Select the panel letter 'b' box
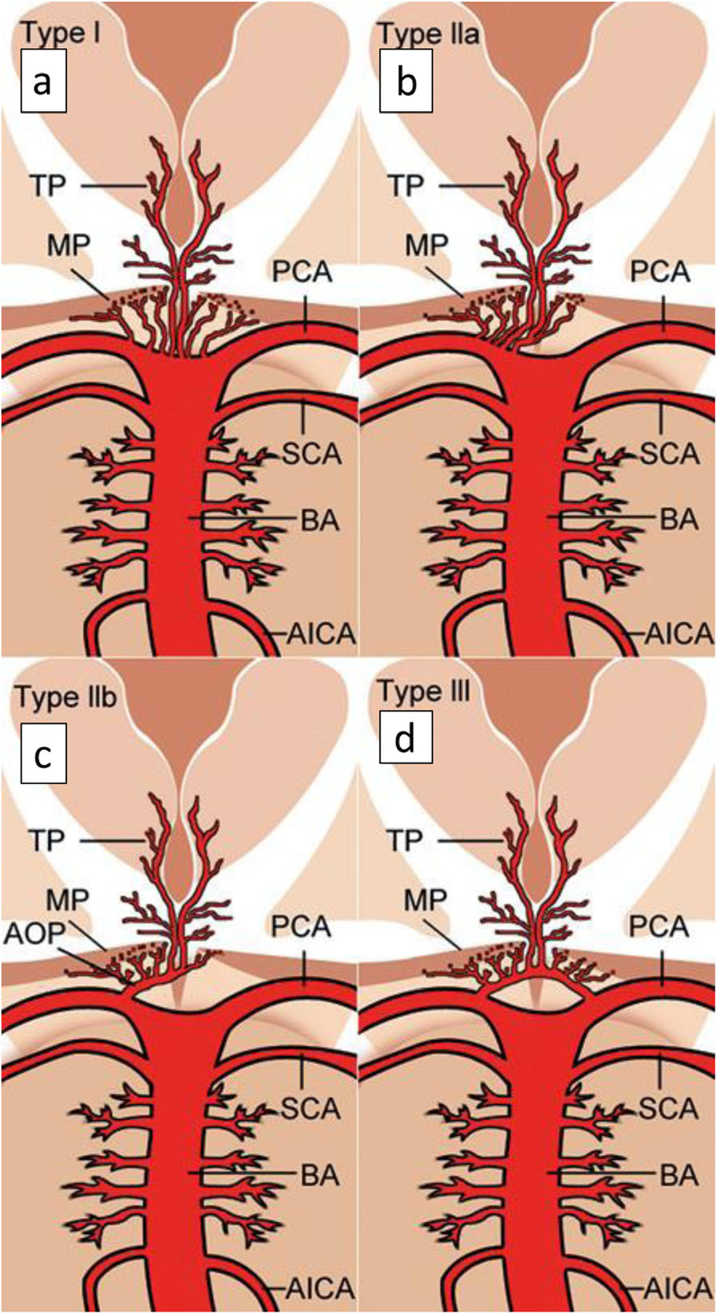(407, 81)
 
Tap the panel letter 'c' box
(42, 753)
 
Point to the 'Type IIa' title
(428, 34)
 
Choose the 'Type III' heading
(422, 691)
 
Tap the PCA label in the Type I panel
(302, 272)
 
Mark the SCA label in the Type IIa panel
(671, 455)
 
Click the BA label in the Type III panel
(679, 1176)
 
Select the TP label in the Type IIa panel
(406, 186)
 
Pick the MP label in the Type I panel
(68, 245)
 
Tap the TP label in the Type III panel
(406, 840)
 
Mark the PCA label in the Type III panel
(659, 927)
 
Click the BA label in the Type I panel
(320, 520)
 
